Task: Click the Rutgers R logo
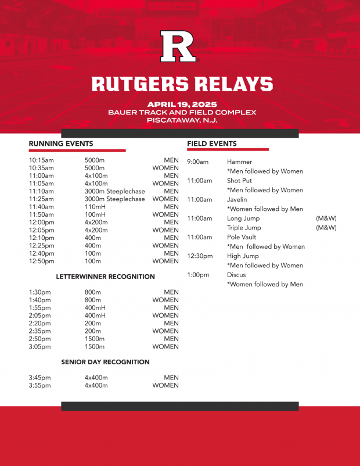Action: [x=179, y=46]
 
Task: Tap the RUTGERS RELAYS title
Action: [x=182, y=84]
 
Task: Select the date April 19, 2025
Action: [x=182, y=105]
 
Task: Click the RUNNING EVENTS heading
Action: [x=61, y=144]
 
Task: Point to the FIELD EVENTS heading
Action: [x=212, y=144]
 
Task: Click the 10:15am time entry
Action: [x=41, y=160]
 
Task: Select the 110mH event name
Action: [x=95, y=207]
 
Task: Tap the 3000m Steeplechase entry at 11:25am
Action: [x=115, y=199]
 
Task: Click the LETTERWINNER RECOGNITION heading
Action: [x=106, y=277]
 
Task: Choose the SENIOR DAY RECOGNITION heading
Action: [x=106, y=362]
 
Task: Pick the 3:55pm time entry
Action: [x=40, y=385]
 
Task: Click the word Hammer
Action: [x=239, y=162]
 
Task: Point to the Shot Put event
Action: [x=239, y=181]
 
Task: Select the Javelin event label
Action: [x=237, y=199]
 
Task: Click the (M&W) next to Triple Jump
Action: [x=326, y=228]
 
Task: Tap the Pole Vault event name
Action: [x=242, y=237]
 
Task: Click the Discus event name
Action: [x=236, y=275]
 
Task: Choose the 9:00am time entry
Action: [x=197, y=162]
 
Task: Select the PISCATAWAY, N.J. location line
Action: [x=182, y=120]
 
